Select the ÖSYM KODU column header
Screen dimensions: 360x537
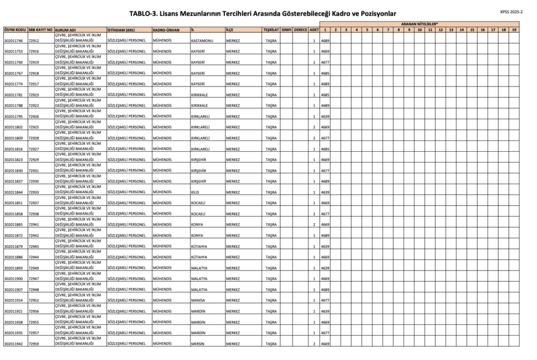(15, 29)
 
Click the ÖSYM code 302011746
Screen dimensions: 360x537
(14, 40)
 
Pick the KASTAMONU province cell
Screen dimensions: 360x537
(201, 40)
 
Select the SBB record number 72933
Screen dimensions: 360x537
(34, 192)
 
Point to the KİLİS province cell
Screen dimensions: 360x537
(195, 192)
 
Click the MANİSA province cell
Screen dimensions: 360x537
(198, 300)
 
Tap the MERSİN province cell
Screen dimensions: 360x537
(197, 344)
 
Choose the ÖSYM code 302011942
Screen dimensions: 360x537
(14, 344)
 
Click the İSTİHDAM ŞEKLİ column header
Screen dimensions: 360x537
(121, 29)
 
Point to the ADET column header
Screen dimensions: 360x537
(314, 29)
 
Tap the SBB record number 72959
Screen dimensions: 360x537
(34, 344)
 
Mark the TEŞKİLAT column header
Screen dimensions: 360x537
(271, 29)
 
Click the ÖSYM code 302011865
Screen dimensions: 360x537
(14, 225)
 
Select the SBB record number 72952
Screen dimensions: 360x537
(34, 300)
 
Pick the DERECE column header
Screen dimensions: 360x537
(300, 29)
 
